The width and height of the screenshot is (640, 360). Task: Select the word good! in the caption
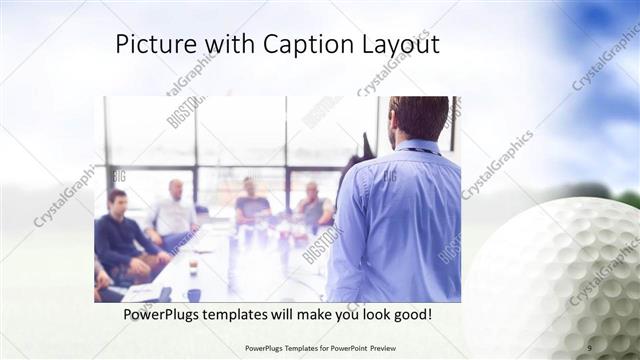pos(411,314)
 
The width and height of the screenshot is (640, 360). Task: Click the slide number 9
pos(590,348)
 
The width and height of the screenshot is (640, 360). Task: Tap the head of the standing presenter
pos(417,118)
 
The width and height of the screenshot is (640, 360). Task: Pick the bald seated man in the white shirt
pos(174,212)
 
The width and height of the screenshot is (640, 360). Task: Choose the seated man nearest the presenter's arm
pos(314,208)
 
